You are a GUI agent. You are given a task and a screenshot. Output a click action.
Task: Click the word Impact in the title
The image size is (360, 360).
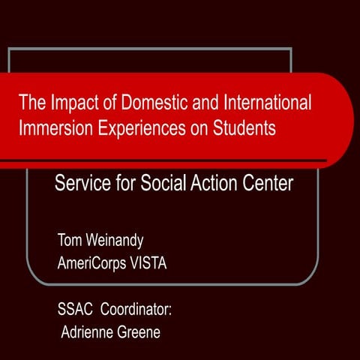point(71,103)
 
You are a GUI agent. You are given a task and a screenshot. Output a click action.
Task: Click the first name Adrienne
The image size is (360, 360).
point(87,331)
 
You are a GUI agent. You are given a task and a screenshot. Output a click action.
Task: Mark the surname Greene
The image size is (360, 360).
point(140,331)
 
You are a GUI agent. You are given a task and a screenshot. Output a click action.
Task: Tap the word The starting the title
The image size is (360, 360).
point(30,103)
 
